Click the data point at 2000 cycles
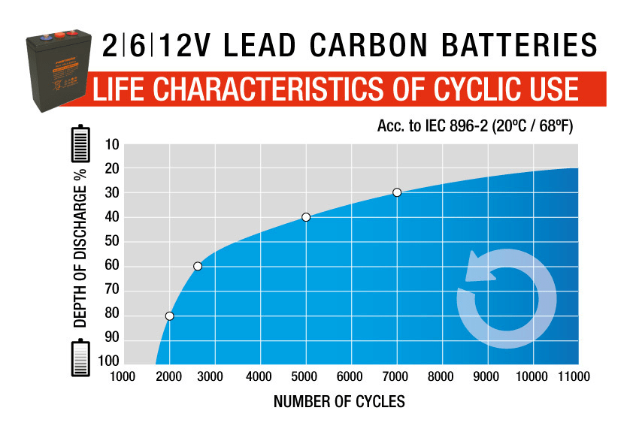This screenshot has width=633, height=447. pos(170,316)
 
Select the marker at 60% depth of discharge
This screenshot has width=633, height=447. pos(198,266)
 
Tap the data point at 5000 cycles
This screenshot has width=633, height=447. pos(306,217)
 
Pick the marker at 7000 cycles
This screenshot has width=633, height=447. pos(397,192)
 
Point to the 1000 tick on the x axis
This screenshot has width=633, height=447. pos(123,376)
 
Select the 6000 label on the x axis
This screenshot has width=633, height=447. pos(350,376)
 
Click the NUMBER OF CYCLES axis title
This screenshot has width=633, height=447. pos(339,402)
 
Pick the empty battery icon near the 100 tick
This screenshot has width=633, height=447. pos(80,358)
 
